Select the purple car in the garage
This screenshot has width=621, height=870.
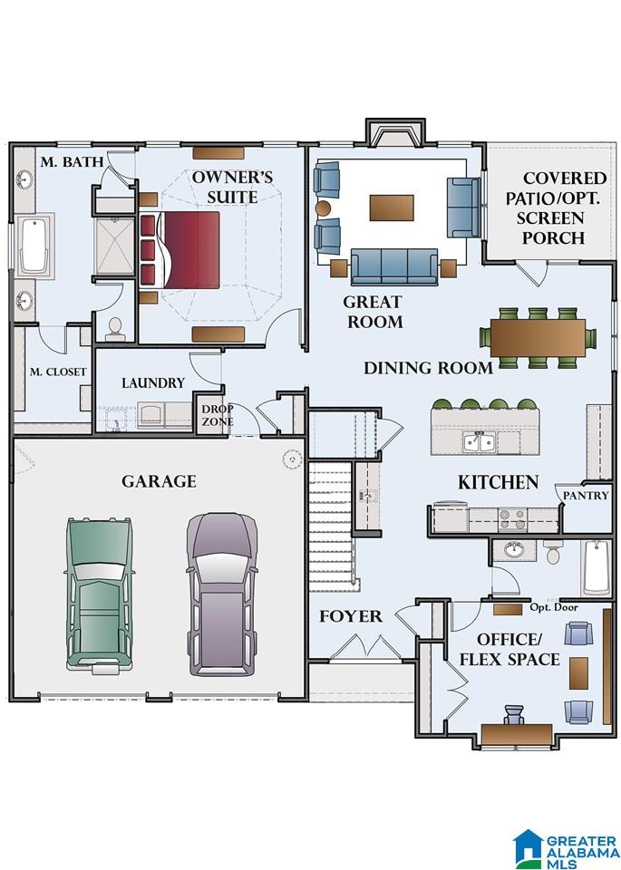(222, 594)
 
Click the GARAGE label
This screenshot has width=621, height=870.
(159, 481)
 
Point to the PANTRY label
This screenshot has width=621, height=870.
(586, 495)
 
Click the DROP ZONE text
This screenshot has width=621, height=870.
(217, 415)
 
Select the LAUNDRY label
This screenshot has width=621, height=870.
(153, 382)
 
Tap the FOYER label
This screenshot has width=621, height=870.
(351, 616)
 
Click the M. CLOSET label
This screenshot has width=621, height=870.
(58, 372)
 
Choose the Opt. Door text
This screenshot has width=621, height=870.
(554, 607)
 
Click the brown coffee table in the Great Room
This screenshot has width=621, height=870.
(392, 208)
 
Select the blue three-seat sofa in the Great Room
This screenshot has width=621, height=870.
(394, 266)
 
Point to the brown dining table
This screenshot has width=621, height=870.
(538, 338)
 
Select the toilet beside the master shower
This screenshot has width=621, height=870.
(115, 329)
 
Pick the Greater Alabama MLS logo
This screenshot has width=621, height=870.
(566, 849)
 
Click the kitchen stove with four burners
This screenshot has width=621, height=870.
(512, 520)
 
